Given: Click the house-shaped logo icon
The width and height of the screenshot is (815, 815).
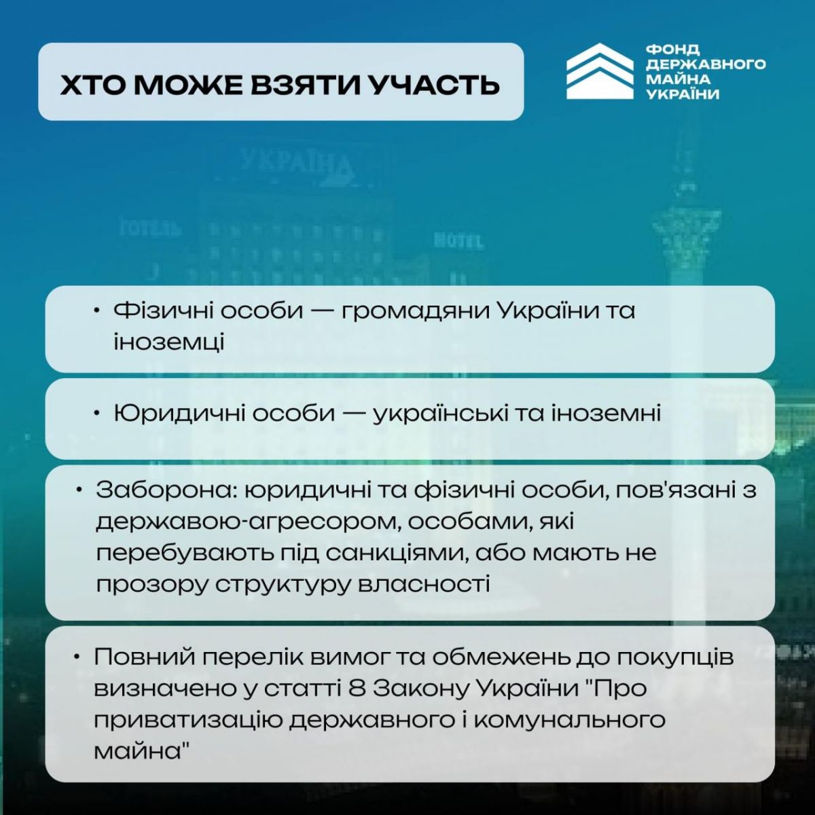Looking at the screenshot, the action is pos(600,71).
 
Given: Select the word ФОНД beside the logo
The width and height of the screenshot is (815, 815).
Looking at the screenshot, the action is pos(673,50).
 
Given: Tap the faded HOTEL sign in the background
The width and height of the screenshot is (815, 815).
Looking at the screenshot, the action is pos(459,240).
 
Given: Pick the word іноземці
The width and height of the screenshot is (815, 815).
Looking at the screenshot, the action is pos(168,342).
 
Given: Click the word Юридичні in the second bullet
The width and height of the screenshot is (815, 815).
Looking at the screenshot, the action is pos(180,414).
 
